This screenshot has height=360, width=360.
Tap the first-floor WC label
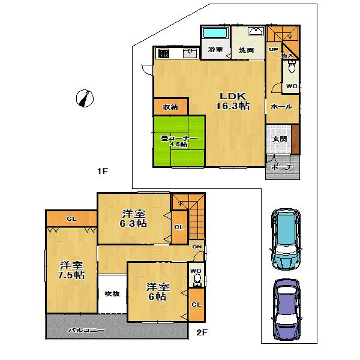290,86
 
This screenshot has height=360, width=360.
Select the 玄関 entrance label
279,139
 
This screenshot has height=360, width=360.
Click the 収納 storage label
170,107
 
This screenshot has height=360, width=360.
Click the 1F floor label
103,172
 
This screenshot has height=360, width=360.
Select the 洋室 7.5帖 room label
71,271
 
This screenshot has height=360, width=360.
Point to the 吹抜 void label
112,293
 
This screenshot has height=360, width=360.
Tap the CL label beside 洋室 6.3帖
179,227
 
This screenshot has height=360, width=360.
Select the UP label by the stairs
274,50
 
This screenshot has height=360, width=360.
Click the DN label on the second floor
196,247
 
